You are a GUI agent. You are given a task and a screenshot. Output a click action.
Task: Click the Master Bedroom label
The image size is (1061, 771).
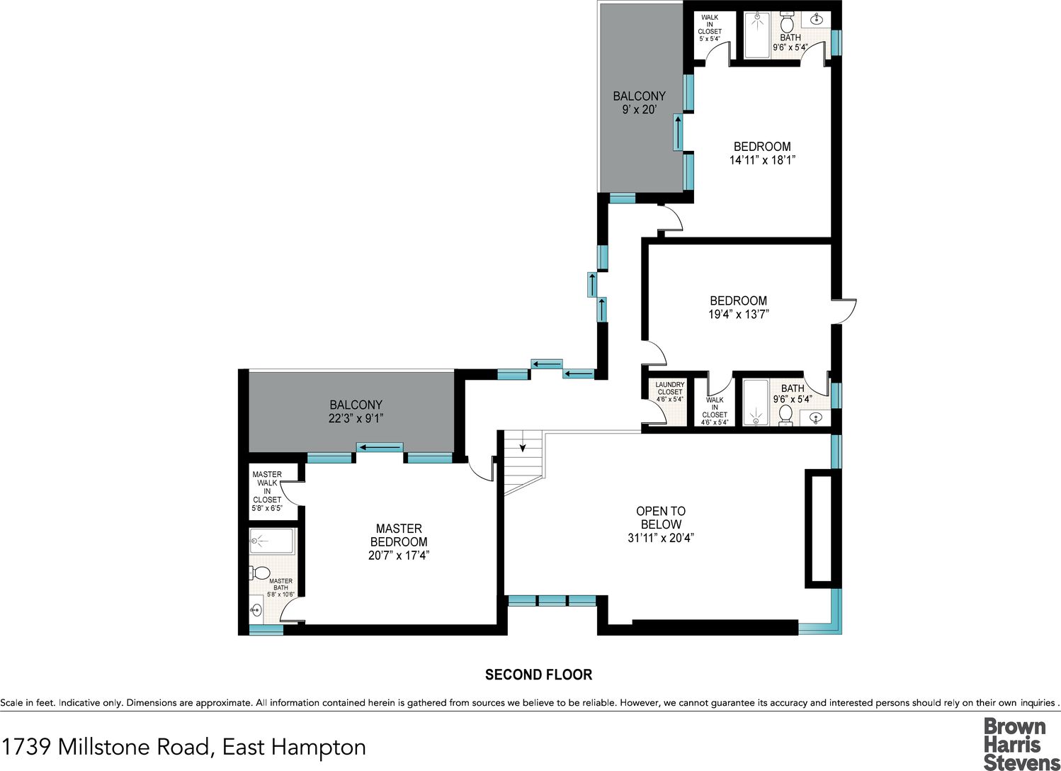click(x=399, y=541)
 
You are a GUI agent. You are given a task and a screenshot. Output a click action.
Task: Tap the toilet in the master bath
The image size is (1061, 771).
click(x=260, y=573)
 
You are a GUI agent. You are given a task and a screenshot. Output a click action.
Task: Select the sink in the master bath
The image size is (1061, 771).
click(x=256, y=609)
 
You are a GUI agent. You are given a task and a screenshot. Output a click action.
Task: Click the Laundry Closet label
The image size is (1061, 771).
click(x=670, y=392)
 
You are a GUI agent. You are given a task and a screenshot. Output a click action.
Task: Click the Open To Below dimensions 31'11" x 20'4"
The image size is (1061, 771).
click(x=661, y=538)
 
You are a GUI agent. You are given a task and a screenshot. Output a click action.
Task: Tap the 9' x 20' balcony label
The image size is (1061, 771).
click(x=640, y=103)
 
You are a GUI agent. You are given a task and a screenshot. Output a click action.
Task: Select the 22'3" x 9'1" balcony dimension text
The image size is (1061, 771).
click(x=356, y=418)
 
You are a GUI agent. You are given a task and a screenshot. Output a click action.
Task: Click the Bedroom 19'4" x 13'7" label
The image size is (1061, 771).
click(x=739, y=308)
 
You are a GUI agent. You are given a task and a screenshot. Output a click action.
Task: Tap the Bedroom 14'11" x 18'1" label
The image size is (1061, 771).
click(x=762, y=153)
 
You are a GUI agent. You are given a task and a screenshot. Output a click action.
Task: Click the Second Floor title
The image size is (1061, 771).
click(x=538, y=675)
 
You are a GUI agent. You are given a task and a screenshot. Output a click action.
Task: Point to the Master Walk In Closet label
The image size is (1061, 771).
click(x=267, y=491)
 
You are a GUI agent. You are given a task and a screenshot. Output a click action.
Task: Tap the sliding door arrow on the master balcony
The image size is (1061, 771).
click(x=380, y=448)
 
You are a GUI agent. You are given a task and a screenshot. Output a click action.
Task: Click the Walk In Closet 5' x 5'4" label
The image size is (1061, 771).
click(x=710, y=28)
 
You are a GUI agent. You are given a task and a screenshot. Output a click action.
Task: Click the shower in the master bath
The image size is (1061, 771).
click(x=273, y=541)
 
